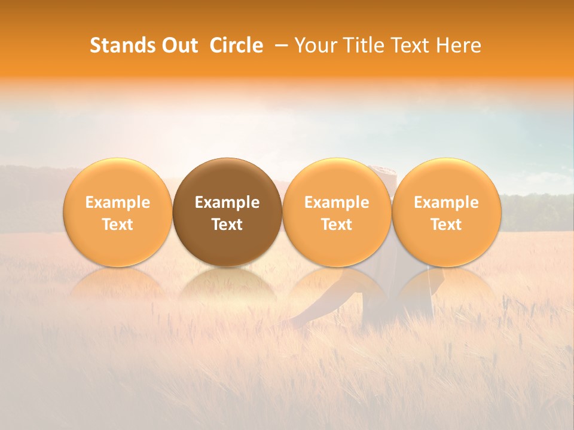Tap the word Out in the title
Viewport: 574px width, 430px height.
pyautogui.click(x=178, y=45)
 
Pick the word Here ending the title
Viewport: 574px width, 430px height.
pyautogui.click(x=459, y=45)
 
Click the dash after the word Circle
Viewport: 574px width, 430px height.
pyautogui.click(x=279, y=45)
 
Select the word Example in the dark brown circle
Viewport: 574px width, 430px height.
pyautogui.click(x=227, y=202)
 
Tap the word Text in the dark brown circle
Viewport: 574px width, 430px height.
pyautogui.click(x=227, y=225)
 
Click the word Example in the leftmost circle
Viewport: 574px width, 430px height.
pyautogui.click(x=118, y=202)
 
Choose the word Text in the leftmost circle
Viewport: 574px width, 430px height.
pyautogui.click(x=118, y=225)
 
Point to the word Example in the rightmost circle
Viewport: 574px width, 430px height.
pyautogui.click(x=446, y=202)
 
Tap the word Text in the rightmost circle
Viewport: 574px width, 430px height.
pyautogui.click(x=446, y=225)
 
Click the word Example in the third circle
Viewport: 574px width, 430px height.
pyautogui.click(x=337, y=202)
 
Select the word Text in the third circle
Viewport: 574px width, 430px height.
pyautogui.click(x=337, y=225)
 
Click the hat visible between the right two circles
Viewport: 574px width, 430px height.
pyautogui.click(x=386, y=173)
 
